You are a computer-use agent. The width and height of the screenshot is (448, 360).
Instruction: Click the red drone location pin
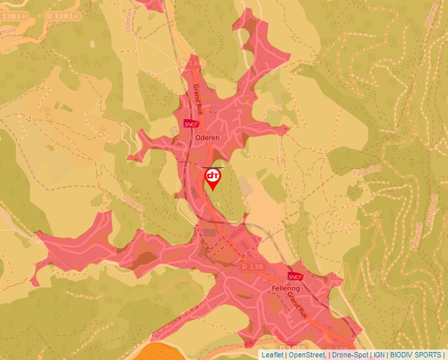coord(213,178)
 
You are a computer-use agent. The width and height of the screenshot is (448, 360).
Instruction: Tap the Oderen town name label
coord(206,137)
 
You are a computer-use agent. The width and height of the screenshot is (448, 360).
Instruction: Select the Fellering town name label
coord(285,289)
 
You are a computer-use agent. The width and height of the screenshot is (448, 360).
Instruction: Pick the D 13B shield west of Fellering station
coord(252,266)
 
